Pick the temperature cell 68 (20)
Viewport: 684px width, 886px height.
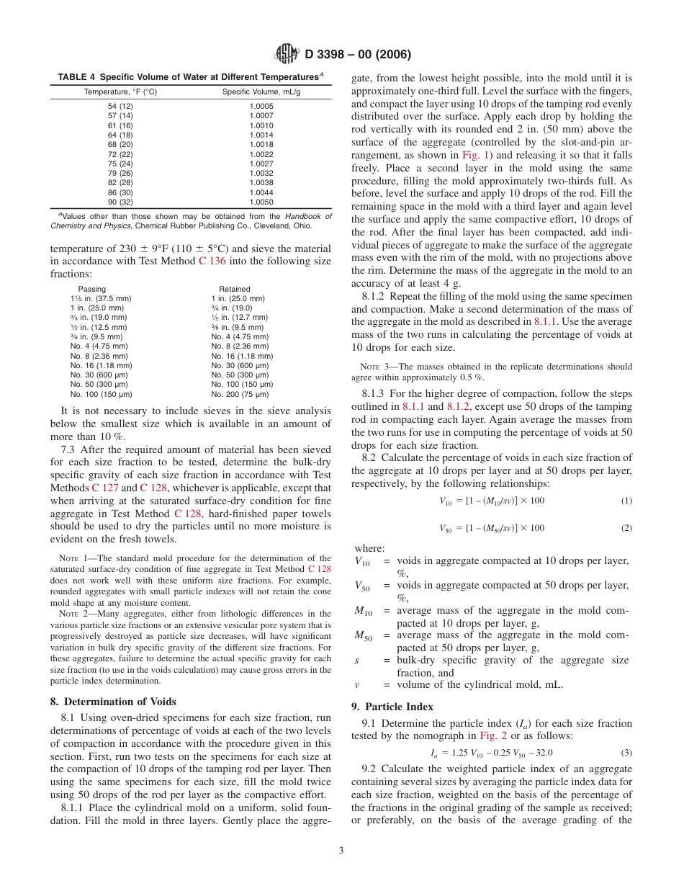point(120,144)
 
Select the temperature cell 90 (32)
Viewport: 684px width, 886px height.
point(120,202)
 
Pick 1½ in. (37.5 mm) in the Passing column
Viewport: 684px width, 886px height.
point(101,298)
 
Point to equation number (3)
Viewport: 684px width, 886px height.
point(626,753)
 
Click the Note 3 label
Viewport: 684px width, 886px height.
point(372,367)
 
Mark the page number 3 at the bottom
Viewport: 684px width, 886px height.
point(341,850)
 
